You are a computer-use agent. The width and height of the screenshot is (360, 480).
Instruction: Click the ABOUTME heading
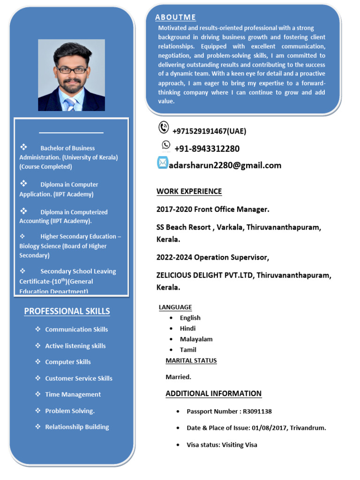tap(176, 17)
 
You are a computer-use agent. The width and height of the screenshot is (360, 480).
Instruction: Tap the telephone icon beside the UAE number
tap(164, 127)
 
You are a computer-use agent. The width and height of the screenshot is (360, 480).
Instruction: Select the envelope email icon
tap(162, 163)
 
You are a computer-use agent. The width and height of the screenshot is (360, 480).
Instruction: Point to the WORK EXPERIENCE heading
tap(189, 191)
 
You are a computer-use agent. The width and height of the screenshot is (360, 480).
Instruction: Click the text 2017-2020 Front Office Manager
tap(213, 209)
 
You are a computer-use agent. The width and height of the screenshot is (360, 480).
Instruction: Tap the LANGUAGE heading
tap(175, 307)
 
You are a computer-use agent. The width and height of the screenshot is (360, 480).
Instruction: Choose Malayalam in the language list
tap(196, 339)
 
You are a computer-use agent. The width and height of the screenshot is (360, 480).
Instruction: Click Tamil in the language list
tap(188, 350)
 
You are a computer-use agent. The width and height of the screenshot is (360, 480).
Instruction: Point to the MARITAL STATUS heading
tap(191, 360)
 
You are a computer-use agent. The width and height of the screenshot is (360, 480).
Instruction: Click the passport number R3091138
tap(257, 412)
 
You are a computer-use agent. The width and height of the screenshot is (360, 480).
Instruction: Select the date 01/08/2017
tap(269, 427)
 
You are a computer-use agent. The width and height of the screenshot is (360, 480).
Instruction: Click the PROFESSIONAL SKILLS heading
tap(67, 311)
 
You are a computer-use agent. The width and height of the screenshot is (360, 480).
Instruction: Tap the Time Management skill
tap(73, 394)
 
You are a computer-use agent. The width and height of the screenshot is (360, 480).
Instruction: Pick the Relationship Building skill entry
tap(77, 427)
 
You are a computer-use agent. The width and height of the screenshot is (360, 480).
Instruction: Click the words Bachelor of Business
tap(67, 148)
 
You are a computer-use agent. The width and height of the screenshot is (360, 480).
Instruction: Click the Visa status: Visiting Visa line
tap(222, 444)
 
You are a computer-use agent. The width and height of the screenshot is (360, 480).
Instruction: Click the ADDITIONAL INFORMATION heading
tap(213, 393)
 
